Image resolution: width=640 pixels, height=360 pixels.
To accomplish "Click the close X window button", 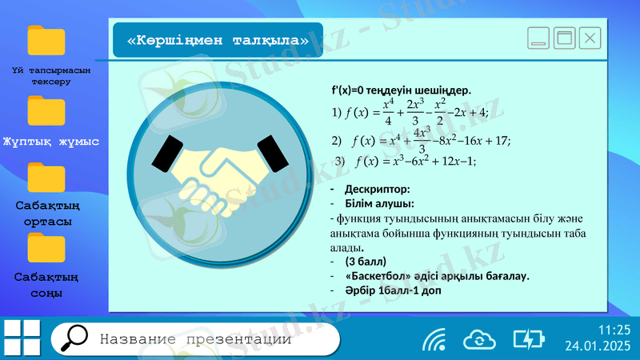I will click(x=590, y=37).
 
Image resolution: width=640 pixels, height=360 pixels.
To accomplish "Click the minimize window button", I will click(x=539, y=37).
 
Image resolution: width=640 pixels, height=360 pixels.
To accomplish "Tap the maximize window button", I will click(x=565, y=37).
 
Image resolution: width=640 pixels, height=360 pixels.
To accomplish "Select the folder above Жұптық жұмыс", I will click(x=46, y=110).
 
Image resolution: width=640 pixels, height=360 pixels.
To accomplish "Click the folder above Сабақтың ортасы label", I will click(x=46, y=178).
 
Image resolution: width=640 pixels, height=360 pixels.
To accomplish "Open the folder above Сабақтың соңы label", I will click(x=46, y=248).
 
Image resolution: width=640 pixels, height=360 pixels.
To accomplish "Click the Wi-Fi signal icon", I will click(x=434, y=340).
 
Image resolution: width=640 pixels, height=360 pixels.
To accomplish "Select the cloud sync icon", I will click(x=479, y=339).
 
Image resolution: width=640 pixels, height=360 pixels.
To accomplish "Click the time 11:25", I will click(x=614, y=330).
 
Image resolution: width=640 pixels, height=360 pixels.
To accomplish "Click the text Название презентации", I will click(x=195, y=339).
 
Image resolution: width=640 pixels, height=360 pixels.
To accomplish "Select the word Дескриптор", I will click(x=376, y=190).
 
